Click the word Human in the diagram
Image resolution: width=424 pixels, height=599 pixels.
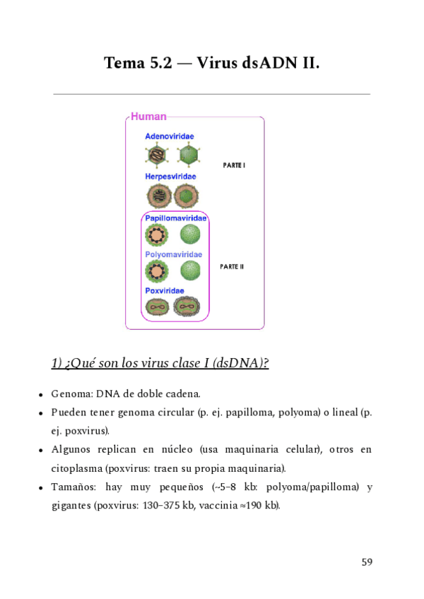pos(148,117)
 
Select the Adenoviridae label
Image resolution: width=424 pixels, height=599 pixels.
pos(170,136)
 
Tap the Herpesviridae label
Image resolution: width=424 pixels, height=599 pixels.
pos(170,176)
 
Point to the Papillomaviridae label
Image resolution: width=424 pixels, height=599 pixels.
pos(176,218)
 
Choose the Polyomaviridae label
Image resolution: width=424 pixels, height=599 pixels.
pos(173,254)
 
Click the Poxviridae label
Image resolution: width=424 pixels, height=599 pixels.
pos(165,290)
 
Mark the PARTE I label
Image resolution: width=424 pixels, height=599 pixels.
pos(234,165)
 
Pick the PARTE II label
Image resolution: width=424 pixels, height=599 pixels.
pos(232,266)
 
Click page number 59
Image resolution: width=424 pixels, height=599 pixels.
pos(366,562)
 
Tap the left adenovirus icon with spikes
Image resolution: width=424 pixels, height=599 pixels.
pos(155,154)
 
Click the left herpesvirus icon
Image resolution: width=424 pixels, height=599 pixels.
pos(157,195)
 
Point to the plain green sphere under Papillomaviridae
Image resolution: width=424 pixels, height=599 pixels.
pos(190,234)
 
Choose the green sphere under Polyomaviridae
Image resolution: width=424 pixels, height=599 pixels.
pos(190,270)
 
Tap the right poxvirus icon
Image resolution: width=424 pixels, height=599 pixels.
pos(187,307)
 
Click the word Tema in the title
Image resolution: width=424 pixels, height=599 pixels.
pos(124,64)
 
